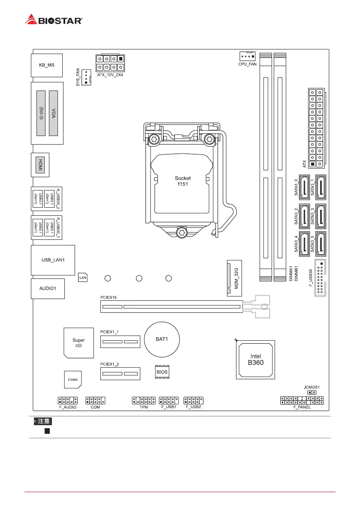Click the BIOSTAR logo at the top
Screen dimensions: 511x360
click(x=54, y=20)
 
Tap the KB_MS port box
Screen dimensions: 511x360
click(x=47, y=66)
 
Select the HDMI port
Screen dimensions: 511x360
click(x=40, y=164)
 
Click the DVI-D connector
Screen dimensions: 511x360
click(x=41, y=113)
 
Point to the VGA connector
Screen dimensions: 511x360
click(x=54, y=113)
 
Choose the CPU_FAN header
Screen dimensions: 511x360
click(x=247, y=56)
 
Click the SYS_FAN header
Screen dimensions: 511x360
click(x=86, y=77)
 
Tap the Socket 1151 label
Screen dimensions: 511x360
click(x=182, y=181)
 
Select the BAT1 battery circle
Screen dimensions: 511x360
click(x=161, y=339)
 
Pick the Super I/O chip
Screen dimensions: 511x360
click(x=79, y=343)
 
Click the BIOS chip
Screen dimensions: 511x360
click(x=162, y=372)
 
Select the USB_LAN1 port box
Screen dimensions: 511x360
click(x=53, y=260)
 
